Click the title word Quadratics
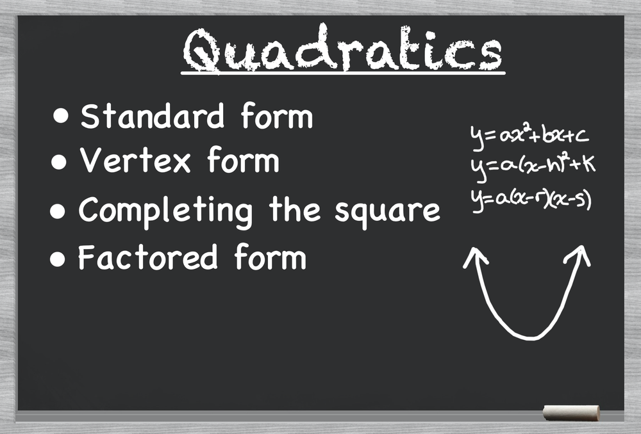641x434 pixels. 342,50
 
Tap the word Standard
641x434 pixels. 153,117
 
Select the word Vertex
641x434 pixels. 135,161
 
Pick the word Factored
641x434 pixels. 147,257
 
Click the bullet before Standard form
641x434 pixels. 62,117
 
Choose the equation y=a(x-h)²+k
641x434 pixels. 532,166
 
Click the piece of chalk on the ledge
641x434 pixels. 571,413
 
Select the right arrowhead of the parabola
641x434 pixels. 578,254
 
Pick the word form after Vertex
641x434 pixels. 243,161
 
